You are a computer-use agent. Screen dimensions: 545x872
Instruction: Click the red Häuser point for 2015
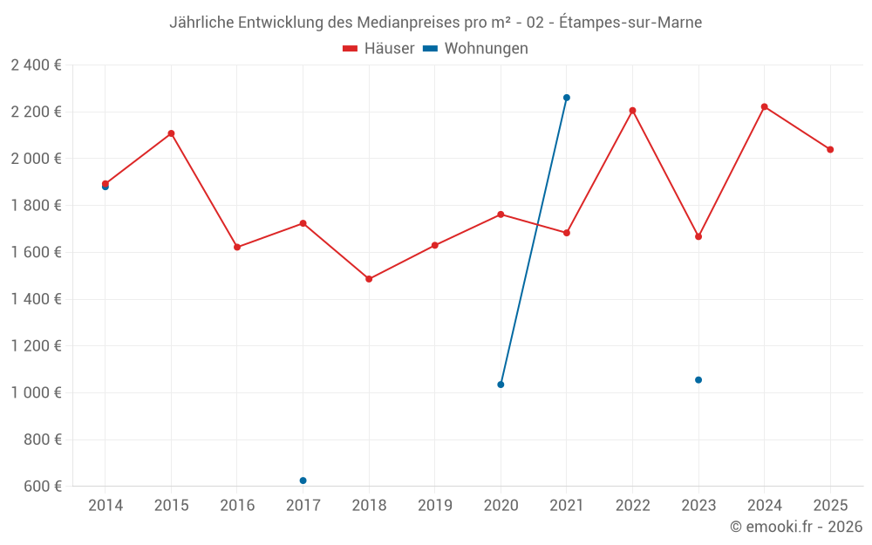click(x=171, y=133)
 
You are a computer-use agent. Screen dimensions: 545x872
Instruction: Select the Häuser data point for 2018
click(x=369, y=279)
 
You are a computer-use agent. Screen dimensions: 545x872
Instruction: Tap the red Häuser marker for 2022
click(x=632, y=111)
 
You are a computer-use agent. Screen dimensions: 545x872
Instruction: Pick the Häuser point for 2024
click(x=765, y=106)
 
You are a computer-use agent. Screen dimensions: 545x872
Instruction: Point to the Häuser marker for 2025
click(x=830, y=149)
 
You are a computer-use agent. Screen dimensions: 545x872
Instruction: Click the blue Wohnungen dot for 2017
click(x=303, y=480)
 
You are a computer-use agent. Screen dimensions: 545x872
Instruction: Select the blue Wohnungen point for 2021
click(x=567, y=98)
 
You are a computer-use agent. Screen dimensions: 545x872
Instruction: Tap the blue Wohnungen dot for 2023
click(x=698, y=380)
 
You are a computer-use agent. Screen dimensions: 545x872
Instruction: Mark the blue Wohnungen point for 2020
click(x=501, y=385)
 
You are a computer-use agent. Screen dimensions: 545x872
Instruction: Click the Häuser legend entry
click(x=378, y=49)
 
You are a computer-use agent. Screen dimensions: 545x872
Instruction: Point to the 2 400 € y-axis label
click(x=36, y=65)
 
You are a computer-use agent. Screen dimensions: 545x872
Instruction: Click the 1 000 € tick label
click(x=36, y=392)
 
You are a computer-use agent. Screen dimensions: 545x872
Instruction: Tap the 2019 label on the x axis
click(x=435, y=506)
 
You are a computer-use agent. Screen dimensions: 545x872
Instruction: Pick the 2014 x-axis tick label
click(x=106, y=506)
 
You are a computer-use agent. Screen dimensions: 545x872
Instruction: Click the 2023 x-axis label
click(x=698, y=506)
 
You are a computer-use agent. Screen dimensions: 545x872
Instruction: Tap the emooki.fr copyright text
click(x=796, y=527)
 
